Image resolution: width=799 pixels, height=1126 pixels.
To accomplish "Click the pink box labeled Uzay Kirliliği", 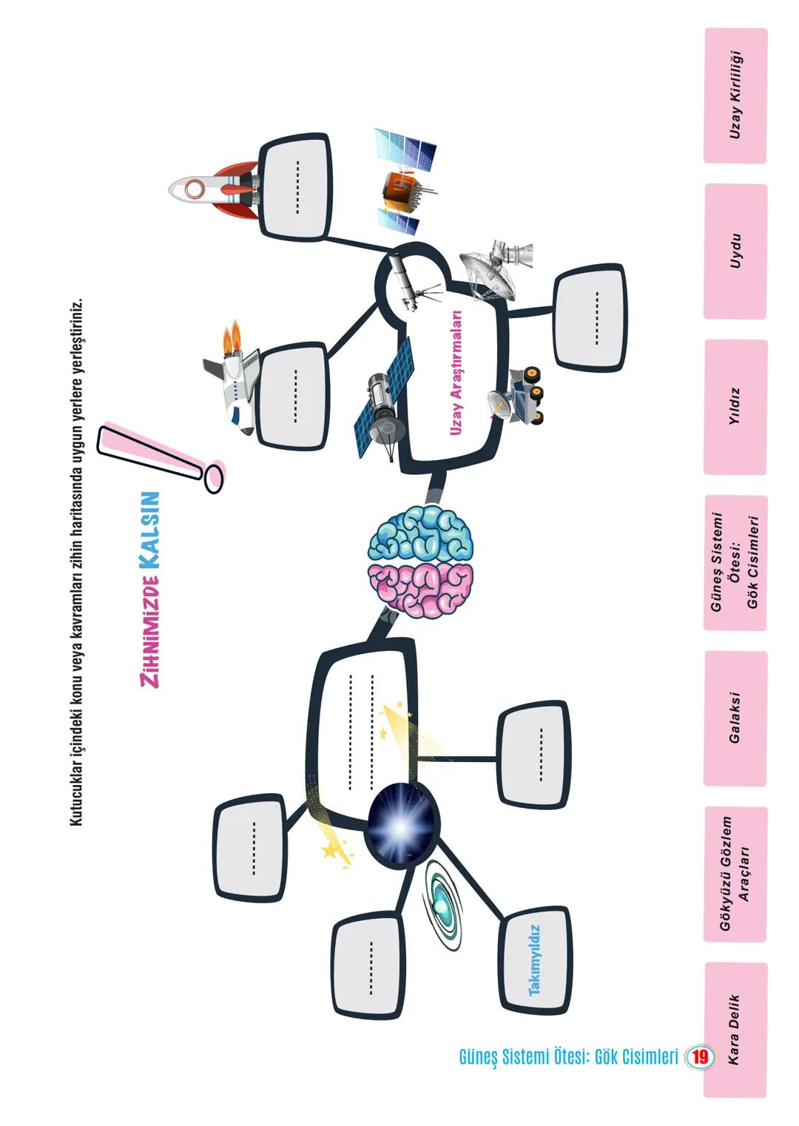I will tap(735, 95).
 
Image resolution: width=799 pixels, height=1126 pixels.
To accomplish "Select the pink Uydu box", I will tap(735, 252).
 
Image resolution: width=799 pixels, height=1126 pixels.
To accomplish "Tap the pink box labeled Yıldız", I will tap(735, 407).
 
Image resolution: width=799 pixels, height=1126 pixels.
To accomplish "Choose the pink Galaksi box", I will tap(735, 718).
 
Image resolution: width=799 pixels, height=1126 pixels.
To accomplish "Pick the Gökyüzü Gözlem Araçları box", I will tap(735, 874).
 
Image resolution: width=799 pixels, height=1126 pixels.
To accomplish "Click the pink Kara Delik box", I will tap(735, 1029).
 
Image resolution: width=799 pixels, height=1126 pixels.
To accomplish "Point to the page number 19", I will tap(699, 1057).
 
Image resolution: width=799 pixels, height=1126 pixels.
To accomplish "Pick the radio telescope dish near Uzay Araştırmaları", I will tap(492, 266).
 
